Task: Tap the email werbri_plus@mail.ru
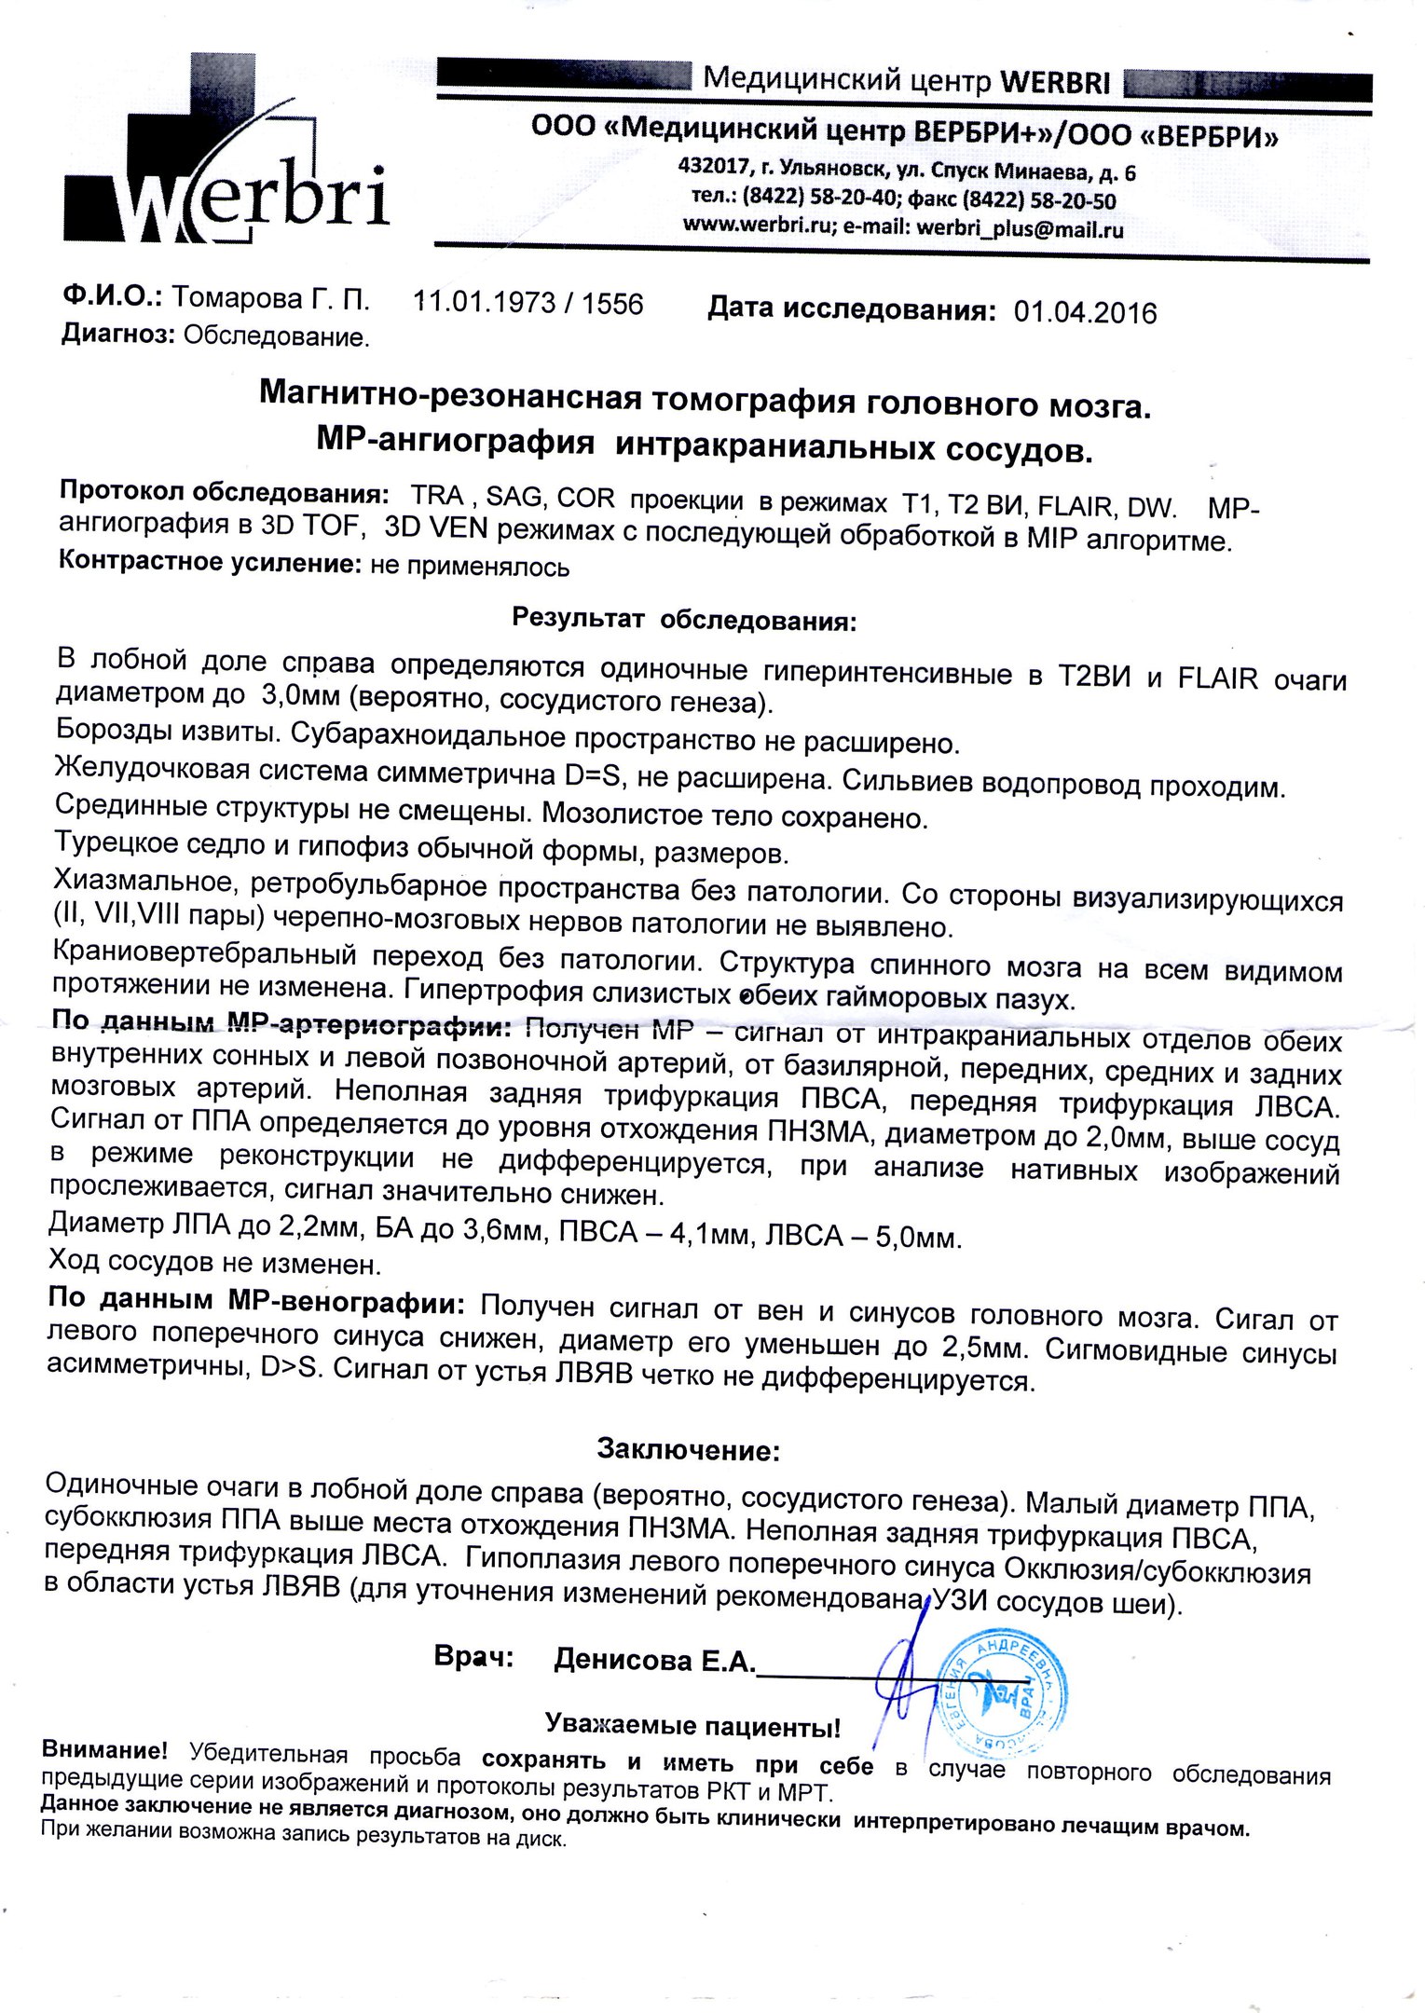(x=1020, y=228)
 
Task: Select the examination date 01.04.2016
(x=1085, y=312)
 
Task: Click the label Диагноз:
(x=118, y=335)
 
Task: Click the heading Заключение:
(x=688, y=1449)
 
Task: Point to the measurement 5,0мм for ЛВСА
(x=913, y=1238)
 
